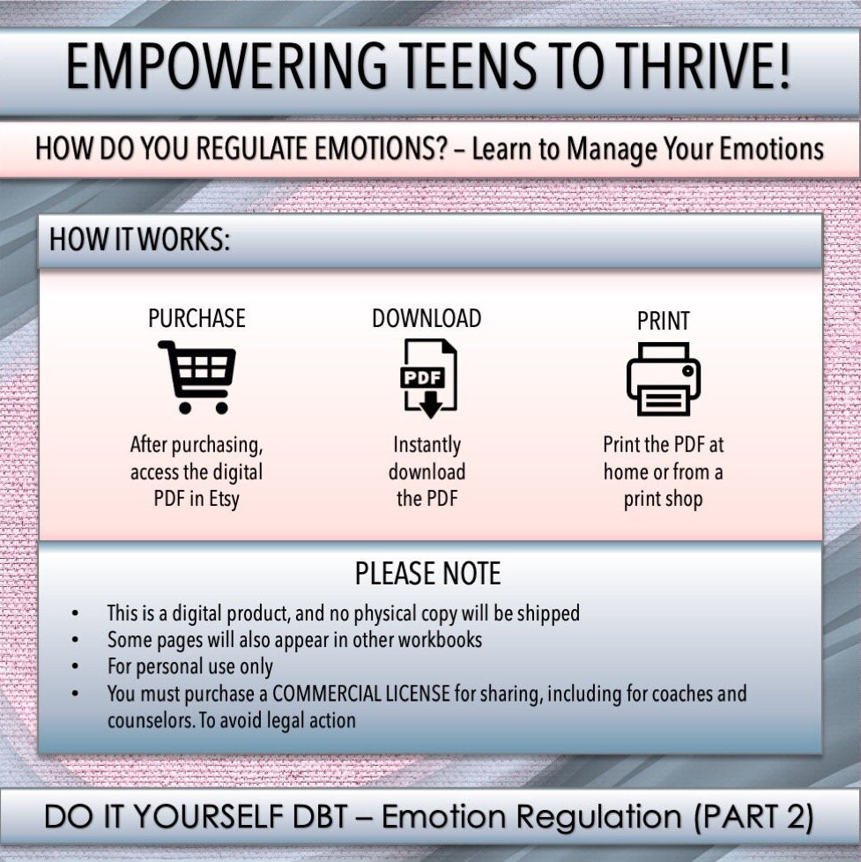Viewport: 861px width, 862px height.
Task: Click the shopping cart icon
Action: click(197, 377)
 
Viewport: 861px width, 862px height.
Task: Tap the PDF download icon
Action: click(427, 377)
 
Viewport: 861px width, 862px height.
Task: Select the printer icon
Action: click(663, 379)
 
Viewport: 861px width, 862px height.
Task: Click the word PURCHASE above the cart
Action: click(197, 318)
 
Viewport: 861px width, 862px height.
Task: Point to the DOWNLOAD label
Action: click(427, 318)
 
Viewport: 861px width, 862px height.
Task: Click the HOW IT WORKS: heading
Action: click(139, 240)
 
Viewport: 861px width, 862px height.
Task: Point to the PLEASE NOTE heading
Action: click(427, 575)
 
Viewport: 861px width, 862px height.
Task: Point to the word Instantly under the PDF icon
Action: click(427, 445)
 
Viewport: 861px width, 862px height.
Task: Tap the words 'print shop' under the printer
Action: click(663, 500)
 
